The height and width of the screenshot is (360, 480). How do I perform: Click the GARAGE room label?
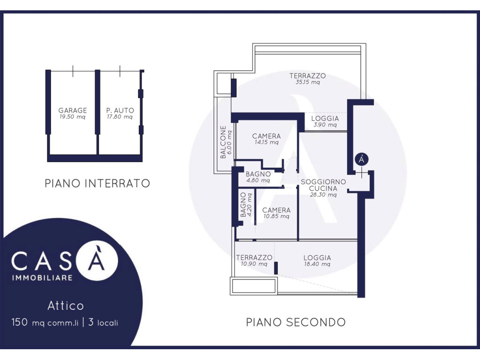pos(73,110)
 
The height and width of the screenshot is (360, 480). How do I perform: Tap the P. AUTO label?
pos(120,110)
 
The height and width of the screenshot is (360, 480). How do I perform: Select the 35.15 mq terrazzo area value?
pos(307,82)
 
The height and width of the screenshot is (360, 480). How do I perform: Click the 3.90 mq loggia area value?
pos(325,125)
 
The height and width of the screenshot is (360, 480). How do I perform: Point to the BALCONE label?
pos(223,142)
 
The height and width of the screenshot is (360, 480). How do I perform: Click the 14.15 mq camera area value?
pos(267,142)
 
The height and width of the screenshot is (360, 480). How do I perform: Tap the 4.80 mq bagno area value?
pos(258,180)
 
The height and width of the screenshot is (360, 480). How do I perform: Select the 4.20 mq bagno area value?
pos(249,204)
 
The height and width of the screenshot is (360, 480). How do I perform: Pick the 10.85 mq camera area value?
pos(277,216)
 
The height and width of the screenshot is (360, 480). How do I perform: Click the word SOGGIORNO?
pos(323,182)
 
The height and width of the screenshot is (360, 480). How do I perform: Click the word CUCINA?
pos(323,188)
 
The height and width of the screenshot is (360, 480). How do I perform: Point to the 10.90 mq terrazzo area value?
pos(254,263)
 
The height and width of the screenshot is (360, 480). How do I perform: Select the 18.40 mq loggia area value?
pos(317,264)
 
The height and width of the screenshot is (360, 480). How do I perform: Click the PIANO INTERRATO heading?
pos(97,183)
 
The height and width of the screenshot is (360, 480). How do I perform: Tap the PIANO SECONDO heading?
pos(296,322)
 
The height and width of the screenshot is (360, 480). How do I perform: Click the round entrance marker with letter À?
pos(361,159)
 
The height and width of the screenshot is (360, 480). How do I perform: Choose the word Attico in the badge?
pos(66,306)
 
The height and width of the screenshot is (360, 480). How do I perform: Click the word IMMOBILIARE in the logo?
pos(42,278)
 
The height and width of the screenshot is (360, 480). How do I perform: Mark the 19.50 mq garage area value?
pos(72,117)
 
